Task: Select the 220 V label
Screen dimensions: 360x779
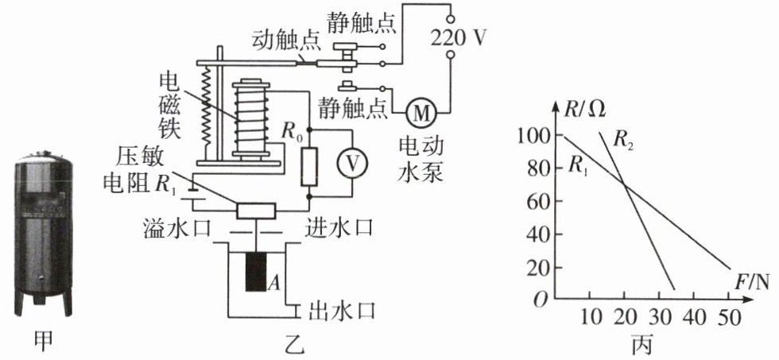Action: pyautogui.click(x=453, y=36)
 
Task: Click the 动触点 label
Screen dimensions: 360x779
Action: pyautogui.click(x=279, y=38)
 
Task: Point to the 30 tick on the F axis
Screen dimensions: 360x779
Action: pyautogui.click(x=661, y=317)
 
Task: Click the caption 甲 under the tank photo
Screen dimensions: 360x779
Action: pyautogui.click(x=45, y=343)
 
